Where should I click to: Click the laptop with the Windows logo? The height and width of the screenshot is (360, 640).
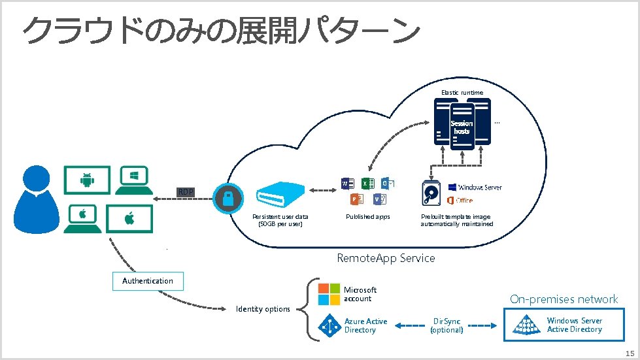pyautogui.click(x=135, y=180)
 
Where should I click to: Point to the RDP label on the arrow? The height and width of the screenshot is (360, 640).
pyautogui.click(x=186, y=191)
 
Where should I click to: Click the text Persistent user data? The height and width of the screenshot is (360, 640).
pyautogui.click(x=280, y=217)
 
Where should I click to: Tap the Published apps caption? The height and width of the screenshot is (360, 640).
pyautogui.click(x=368, y=217)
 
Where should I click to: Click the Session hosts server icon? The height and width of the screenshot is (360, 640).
pyautogui.click(x=462, y=128)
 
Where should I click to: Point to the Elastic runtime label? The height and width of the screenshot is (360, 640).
pyautogui.click(x=462, y=93)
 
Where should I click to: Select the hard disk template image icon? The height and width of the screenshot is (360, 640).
pyautogui.click(x=433, y=193)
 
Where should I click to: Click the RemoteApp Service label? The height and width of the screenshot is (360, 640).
pyautogui.click(x=386, y=258)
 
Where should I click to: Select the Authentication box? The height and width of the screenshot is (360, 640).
pyautogui.click(x=148, y=281)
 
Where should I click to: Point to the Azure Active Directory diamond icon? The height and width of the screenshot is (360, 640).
pyautogui.click(x=329, y=325)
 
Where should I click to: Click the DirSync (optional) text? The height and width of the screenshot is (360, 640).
pyautogui.click(x=447, y=325)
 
